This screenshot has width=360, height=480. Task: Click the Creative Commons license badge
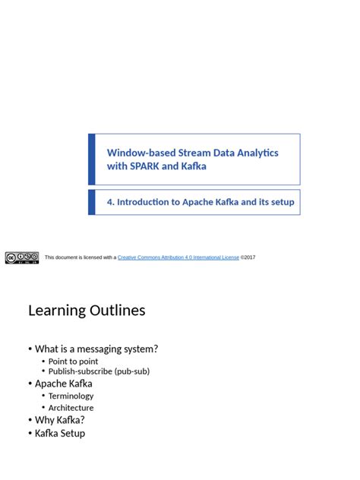(21, 257)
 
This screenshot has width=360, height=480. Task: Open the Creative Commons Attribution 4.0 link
(178, 257)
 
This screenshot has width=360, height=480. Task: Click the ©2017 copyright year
(248, 257)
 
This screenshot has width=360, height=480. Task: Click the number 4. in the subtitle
(111, 203)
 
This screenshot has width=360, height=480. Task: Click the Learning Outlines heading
(87, 310)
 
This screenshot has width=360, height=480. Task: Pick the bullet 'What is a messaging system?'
(96, 349)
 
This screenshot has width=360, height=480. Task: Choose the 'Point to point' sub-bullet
(73, 362)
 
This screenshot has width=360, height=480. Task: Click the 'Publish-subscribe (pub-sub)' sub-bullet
(99, 371)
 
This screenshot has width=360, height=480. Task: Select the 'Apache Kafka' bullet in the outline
(64, 384)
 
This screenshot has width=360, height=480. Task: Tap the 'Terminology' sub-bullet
(71, 396)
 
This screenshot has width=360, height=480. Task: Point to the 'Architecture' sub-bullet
(71, 408)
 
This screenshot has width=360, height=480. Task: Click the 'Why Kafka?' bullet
(60, 419)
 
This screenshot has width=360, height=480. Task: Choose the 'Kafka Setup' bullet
(60, 433)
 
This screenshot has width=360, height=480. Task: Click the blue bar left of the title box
(92, 159)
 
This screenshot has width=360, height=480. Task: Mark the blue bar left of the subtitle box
(92, 203)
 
